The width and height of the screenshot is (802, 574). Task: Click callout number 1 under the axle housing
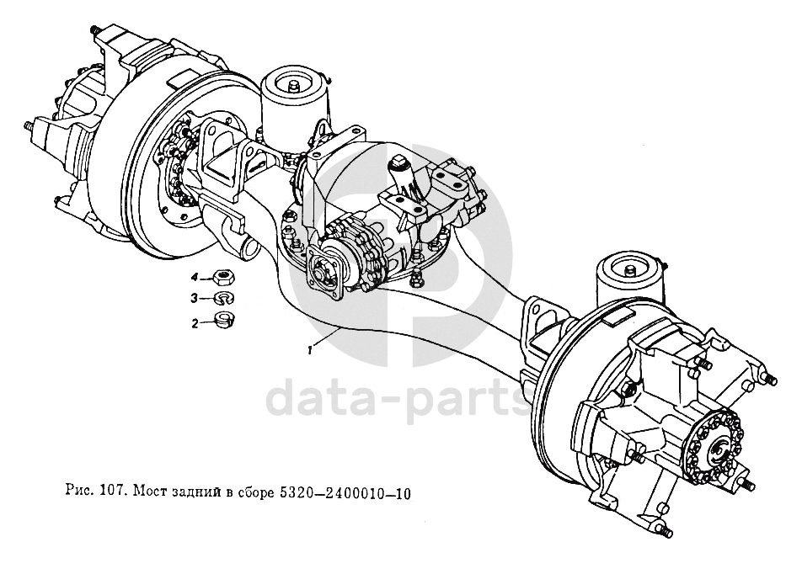311,349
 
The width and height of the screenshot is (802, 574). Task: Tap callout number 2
195,322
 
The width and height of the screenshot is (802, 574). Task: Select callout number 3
195,299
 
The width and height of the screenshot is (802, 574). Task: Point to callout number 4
195,277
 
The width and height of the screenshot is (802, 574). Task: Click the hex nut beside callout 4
223,276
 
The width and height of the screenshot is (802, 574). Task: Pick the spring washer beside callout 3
223,298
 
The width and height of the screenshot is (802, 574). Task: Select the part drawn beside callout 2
224,320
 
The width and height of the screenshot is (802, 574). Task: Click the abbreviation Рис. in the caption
81,494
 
